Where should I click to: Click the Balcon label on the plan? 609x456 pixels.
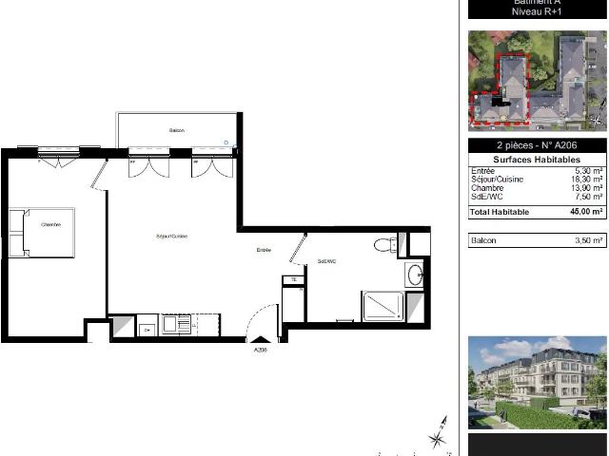(177, 130)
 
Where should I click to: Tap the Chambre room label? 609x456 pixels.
(50, 225)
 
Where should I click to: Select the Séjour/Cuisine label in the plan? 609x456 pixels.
(171, 236)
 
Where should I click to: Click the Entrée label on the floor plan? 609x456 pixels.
(264, 250)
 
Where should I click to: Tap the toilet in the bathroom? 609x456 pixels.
(384, 244)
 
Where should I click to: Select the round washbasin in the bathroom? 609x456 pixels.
(416, 275)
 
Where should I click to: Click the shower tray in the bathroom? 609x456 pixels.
(383, 306)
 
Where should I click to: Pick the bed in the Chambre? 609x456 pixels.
(42, 233)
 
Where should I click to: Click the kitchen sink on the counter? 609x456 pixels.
(176, 326)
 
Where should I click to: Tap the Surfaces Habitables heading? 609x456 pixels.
(537, 160)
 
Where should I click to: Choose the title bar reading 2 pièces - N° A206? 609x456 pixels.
(537, 145)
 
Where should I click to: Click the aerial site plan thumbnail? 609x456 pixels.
(537, 80)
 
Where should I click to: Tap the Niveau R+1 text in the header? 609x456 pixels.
(537, 12)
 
